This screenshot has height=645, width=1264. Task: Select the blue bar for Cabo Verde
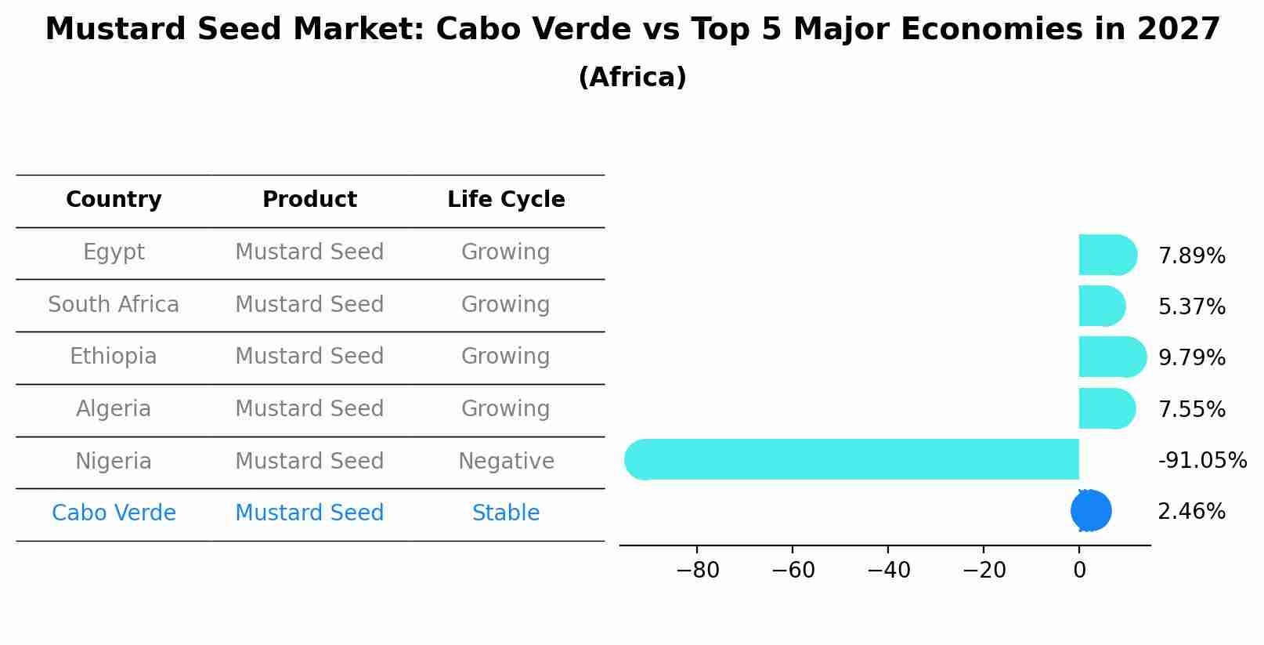coord(1091,511)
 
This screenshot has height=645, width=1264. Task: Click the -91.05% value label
coord(1202,461)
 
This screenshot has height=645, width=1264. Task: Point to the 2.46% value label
coord(1191,512)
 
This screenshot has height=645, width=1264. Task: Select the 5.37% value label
coord(1191,307)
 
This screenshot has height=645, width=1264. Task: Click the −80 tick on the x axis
coord(697,571)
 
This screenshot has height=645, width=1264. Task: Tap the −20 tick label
coord(984,571)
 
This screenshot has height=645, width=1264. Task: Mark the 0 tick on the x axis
coord(1079,571)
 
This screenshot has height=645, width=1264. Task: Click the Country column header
coord(114,200)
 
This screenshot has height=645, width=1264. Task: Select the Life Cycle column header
coord(506,200)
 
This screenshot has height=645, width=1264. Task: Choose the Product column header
coord(309,200)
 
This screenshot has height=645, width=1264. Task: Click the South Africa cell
coord(114,305)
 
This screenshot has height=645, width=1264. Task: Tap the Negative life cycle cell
coord(506,462)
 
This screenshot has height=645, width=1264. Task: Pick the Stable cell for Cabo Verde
coord(506,513)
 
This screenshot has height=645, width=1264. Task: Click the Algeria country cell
coord(114,409)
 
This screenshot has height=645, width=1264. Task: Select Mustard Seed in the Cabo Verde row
coord(309,513)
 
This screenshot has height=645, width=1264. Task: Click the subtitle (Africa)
coord(632,78)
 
